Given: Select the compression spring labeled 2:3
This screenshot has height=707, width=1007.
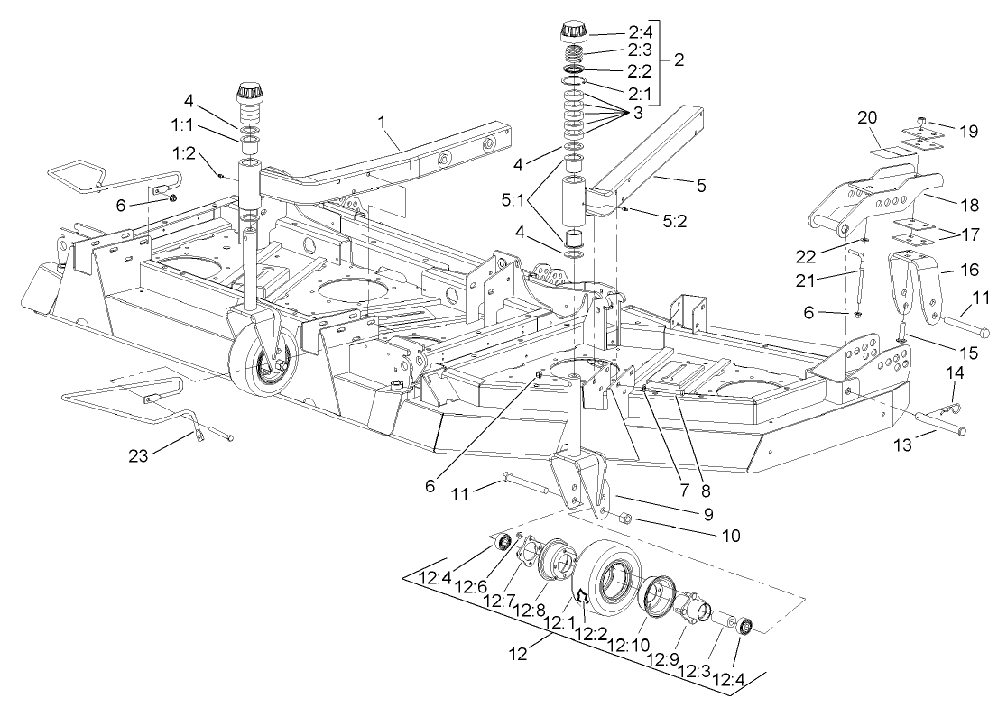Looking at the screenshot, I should (571, 53).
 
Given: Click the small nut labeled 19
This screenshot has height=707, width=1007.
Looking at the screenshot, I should (921, 121).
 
